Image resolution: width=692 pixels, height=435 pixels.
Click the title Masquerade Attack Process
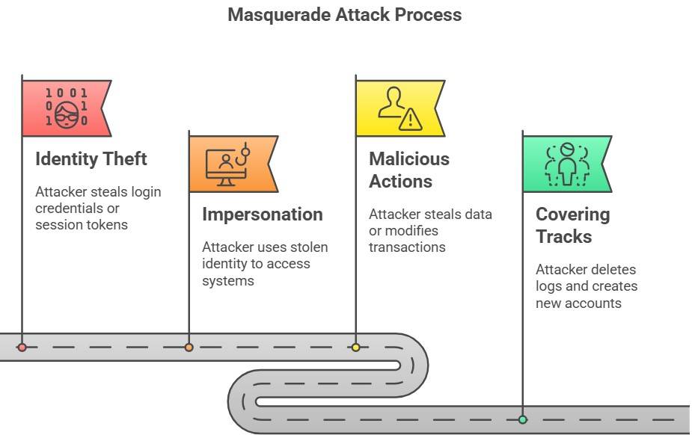click(x=344, y=14)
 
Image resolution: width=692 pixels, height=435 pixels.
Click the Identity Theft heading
click(x=91, y=159)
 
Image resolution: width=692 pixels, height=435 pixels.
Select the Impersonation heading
click(x=262, y=215)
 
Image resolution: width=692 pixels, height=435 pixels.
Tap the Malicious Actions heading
click(x=408, y=170)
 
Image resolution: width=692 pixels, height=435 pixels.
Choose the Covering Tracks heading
click(x=572, y=226)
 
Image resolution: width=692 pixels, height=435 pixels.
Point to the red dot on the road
click(x=22, y=348)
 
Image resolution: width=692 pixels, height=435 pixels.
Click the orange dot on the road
click(x=189, y=348)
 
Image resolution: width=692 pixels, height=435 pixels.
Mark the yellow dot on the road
click(x=355, y=348)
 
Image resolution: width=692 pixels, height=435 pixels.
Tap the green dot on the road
click(x=522, y=419)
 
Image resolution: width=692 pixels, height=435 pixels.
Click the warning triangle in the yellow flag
click(x=410, y=120)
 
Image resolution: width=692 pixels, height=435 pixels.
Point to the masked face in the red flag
click(x=67, y=114)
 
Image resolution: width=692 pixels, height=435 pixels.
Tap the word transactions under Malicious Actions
click(x=407, y=247)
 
